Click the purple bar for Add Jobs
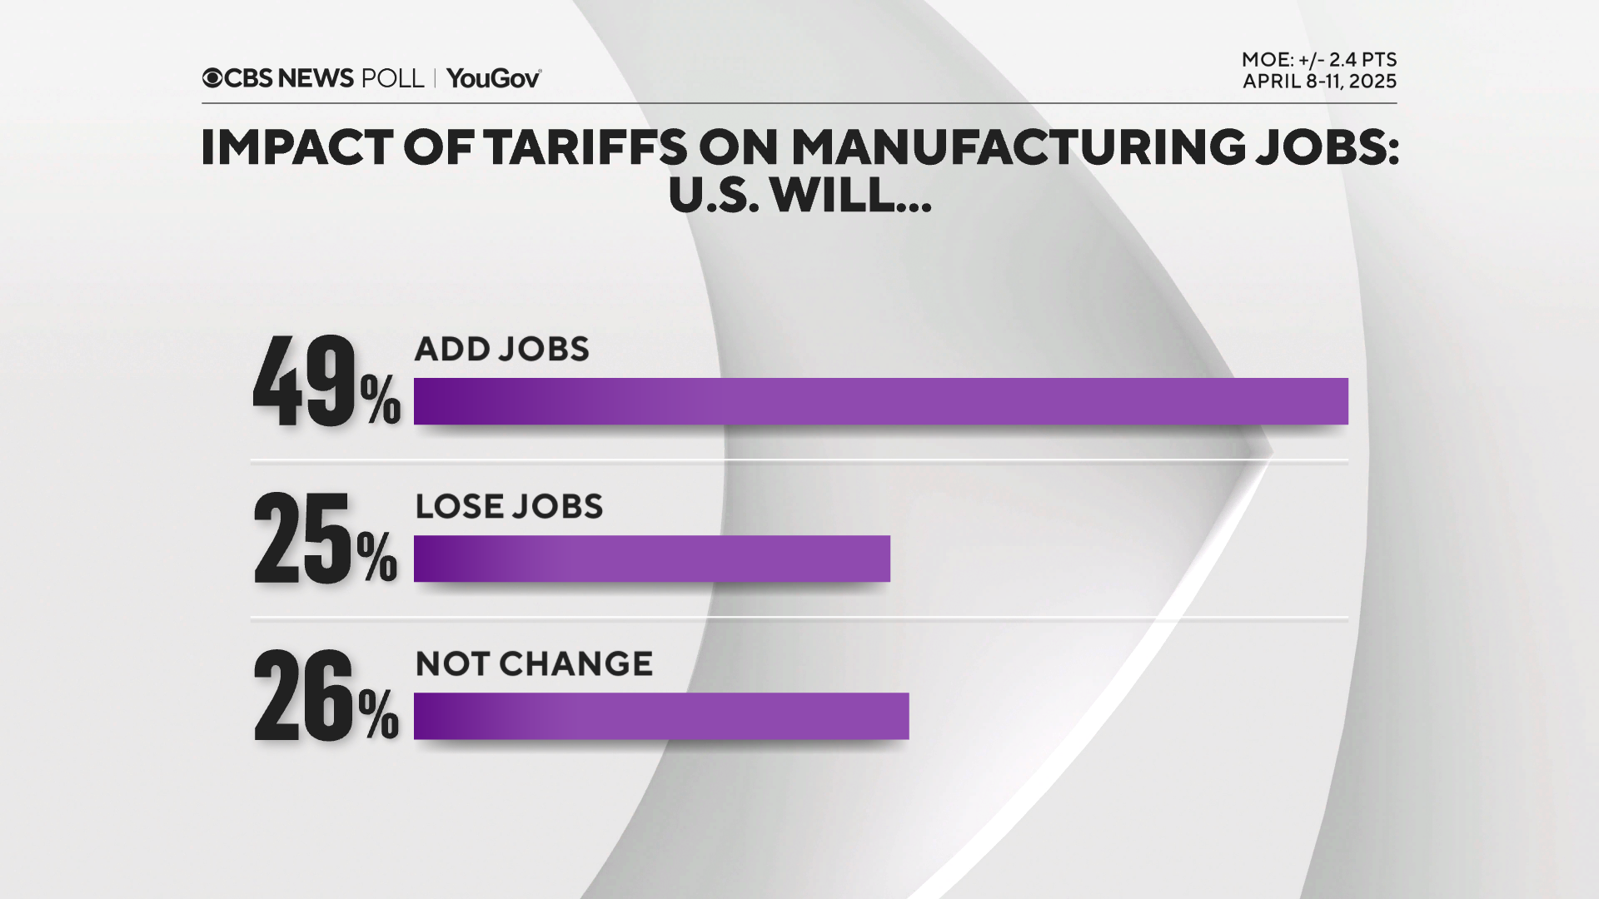click(x=880, y=401)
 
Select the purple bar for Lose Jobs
click(x=651, y=559)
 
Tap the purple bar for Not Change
click(x=660, y=716)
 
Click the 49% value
click(x=326, y=383)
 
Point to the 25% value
click(x=325, y=539)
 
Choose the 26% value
click(x=326, y=697)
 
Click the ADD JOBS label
click(x=501, y=349)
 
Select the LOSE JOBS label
click(x=509, y=506)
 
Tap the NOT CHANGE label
click(x=534, y=663)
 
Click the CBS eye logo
click(x=212, y=78)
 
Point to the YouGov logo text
click(x=494, y=78)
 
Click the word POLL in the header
click(x=392, y=78)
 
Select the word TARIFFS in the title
click(x=585, y=148)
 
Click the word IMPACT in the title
click(x=296, y=148)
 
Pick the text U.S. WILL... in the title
click(x=799, y=196)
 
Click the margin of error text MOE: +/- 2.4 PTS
click(x=1318, y=60)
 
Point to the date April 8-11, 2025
click(x=1319, y=82)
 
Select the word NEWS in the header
click(x=316, y=78)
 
